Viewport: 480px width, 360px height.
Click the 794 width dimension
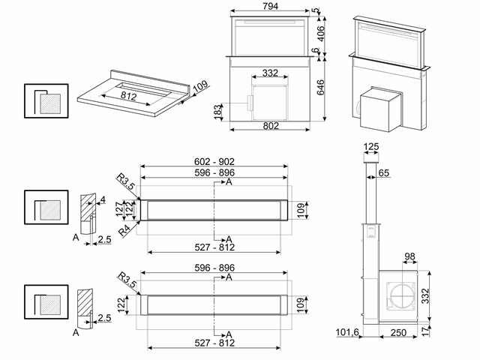point(270,7)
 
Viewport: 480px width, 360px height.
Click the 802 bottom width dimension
point(271,125)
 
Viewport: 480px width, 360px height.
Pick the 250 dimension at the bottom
point(398,331)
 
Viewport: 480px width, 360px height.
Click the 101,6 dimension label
point(349,331)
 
